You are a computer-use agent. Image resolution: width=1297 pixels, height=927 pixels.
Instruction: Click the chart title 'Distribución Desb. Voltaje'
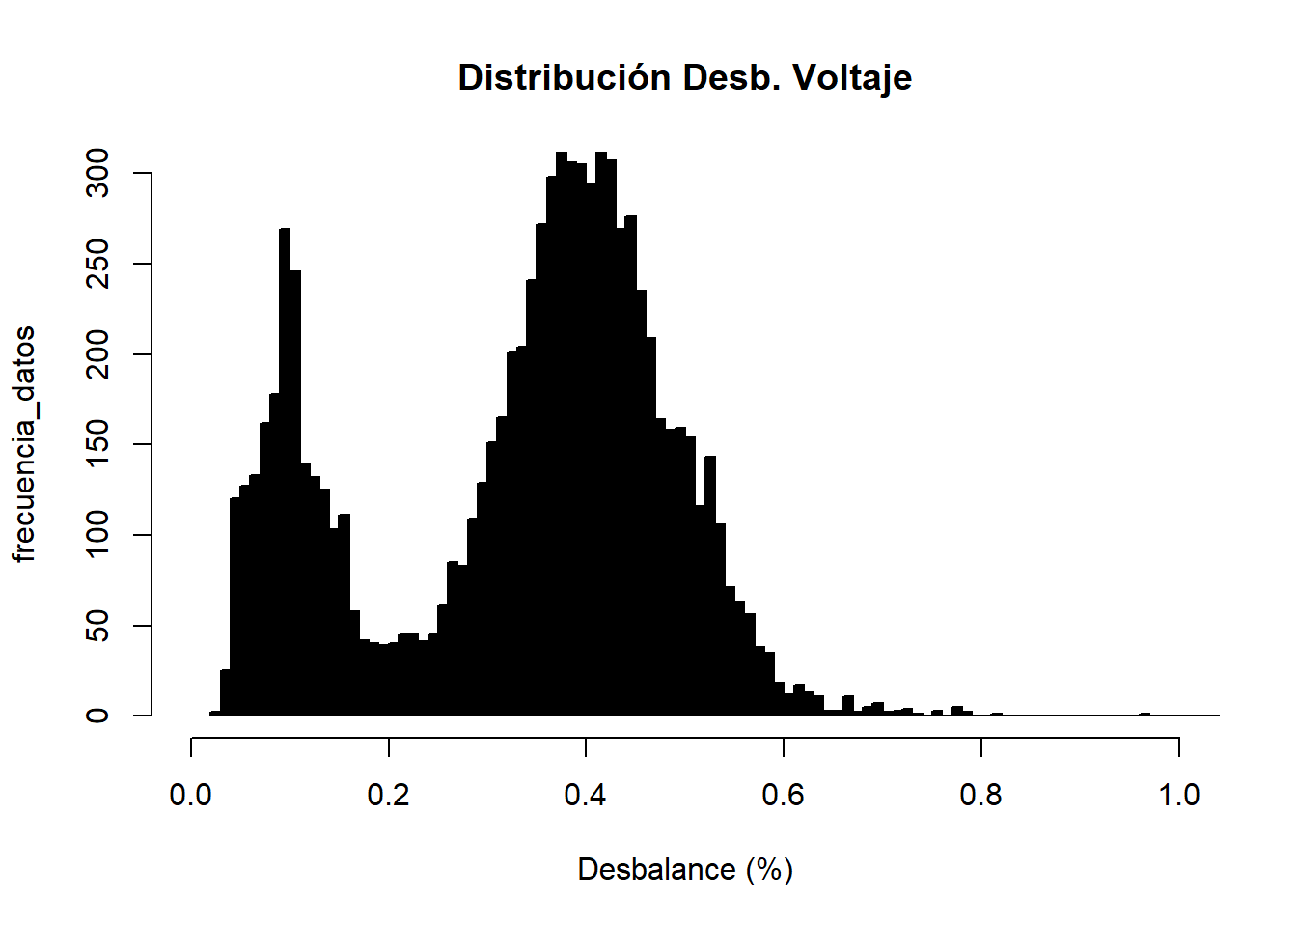(684, 77)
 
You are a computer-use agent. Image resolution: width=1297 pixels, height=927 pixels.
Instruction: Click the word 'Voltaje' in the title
(852, 78)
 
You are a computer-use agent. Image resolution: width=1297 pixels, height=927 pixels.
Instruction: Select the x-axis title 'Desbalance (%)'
(684, 870)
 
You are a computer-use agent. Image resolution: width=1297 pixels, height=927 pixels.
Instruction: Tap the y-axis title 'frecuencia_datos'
(24, 444)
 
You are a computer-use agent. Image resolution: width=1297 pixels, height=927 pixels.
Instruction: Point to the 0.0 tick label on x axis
(191, 795)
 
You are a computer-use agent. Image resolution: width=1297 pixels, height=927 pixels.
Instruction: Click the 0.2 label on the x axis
(388, 795)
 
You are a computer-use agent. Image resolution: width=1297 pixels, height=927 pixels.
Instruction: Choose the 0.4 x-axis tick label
(586, 795)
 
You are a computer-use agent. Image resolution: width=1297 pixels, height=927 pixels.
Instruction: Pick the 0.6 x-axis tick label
(784, 795)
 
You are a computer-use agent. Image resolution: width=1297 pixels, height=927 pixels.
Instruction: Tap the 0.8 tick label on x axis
(980, 795)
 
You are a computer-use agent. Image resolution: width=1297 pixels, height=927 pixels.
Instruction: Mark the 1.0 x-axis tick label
(1178, 795)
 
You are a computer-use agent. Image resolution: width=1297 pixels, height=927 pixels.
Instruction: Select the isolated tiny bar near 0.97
(1145, 715)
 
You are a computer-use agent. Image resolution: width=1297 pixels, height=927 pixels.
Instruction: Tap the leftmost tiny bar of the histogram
(215, 714)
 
